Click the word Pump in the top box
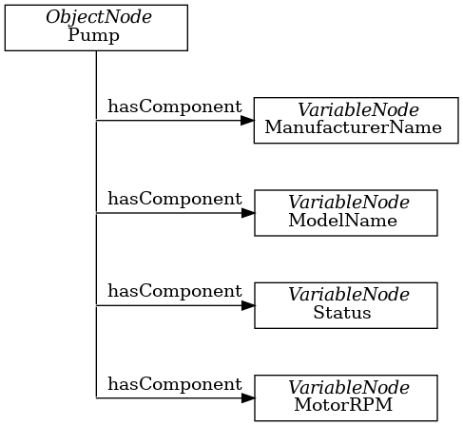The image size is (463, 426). [x=95, y=35]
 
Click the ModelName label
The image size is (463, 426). [x=342, y=220]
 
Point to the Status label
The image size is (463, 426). [x=342, y=313]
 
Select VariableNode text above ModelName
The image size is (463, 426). [x=349, y=203]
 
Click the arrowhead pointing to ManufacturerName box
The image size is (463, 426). [x=247, y=121]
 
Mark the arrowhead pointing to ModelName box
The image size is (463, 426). [x=247, y=213]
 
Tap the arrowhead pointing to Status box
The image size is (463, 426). [x=247, y=306]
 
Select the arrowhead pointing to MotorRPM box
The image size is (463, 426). [x=247, y=398]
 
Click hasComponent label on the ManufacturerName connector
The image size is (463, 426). [x=174, y=106]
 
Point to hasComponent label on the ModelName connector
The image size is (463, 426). [x=174, y=199]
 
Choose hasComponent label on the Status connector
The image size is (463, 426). [x=174, y=291]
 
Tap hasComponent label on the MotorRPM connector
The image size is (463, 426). [x=174, y=384]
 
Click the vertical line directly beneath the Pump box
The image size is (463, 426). [x=96, y=76]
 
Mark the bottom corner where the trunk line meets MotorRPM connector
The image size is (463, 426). [x=96, y=398]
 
